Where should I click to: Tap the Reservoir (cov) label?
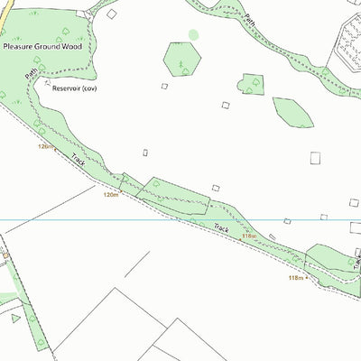74,89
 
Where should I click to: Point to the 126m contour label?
46,145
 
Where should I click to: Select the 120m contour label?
111,194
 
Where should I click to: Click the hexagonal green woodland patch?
181,59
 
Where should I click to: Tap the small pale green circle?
193,34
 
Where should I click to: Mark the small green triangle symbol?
14,319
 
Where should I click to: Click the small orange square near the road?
5,255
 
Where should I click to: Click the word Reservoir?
65,89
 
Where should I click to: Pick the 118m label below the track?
296,278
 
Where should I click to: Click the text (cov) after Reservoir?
88,89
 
